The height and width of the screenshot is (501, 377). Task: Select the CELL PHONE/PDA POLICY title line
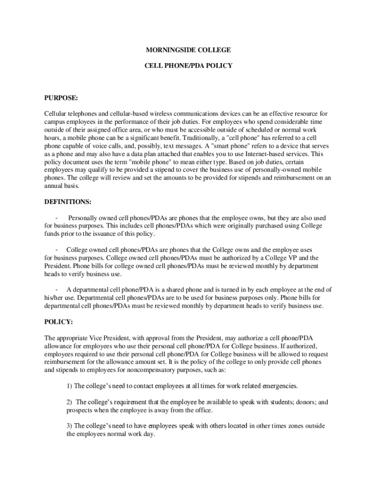pyautogui.click(x=188, y=65)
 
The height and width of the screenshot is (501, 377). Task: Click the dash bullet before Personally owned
pyautogui.click(x=58, y=218)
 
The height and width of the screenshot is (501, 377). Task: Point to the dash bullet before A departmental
pyautogui.click(x=58, y=290)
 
